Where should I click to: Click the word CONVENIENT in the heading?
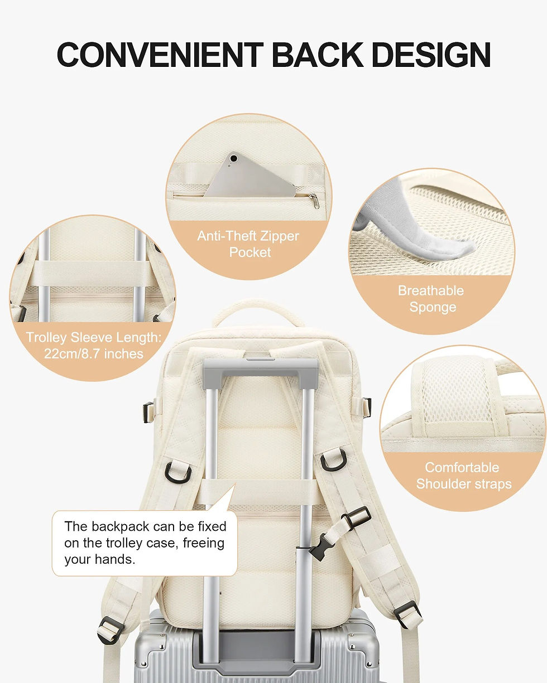(160, 55)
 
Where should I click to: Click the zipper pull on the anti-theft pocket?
(314, 200)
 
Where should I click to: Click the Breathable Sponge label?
(431, 299)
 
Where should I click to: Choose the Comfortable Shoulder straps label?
(463, 475)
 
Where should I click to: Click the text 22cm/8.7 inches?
(94, 353)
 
